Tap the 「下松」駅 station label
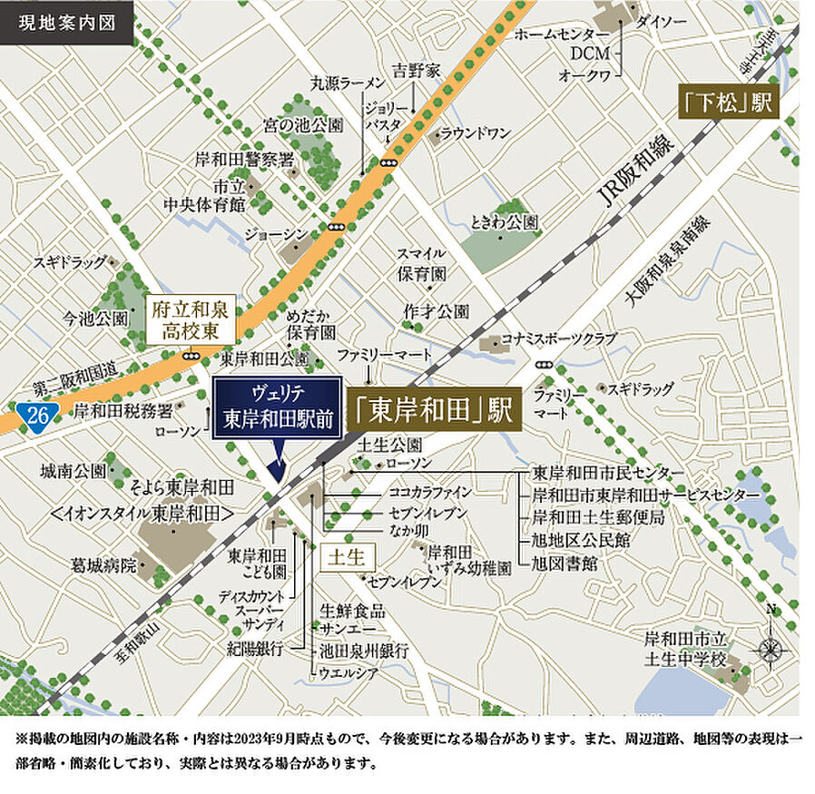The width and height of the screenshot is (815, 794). point(729,103)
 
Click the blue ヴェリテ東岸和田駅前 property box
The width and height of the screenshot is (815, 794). point(277,409)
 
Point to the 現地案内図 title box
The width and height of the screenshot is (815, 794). point(67,21)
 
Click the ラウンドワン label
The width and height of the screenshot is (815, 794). point(476,134)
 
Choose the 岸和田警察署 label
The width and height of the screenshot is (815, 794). point(245,160)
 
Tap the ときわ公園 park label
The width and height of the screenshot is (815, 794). point(505,221)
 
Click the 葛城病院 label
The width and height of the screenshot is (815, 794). point(103,565)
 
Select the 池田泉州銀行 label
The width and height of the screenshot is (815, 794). point(363,652)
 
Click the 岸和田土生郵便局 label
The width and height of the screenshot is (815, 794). point(598,518)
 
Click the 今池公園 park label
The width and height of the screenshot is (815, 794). point(96,319)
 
